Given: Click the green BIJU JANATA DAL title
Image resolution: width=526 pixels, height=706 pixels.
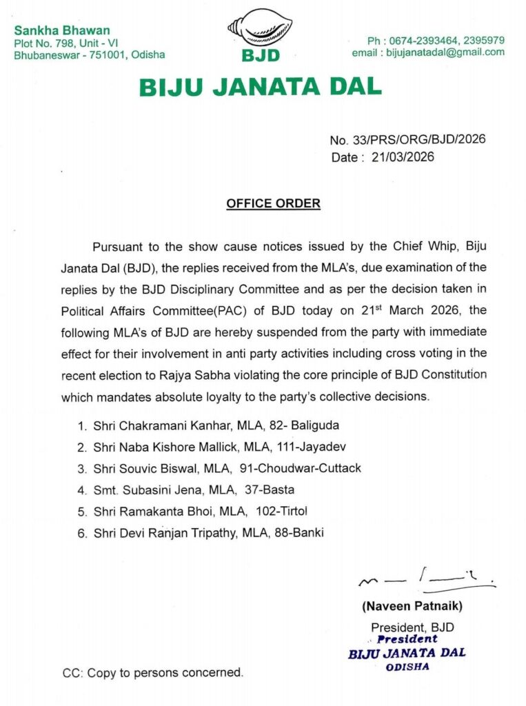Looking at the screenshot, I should [x=260, y=87].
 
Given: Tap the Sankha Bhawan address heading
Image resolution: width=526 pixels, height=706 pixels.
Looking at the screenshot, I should [x=62, y=31].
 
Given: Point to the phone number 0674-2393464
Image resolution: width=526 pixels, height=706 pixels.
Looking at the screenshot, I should [x=433, y=40].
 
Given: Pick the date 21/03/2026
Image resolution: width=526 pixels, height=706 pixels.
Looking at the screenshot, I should [x=402, y=157].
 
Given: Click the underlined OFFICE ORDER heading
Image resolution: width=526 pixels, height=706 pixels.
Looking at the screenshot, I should [x=274, y=203].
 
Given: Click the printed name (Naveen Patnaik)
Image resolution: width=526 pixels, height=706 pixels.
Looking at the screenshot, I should [x=412, y=607].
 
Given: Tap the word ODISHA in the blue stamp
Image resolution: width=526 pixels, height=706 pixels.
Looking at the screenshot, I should [x=407, y=667].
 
